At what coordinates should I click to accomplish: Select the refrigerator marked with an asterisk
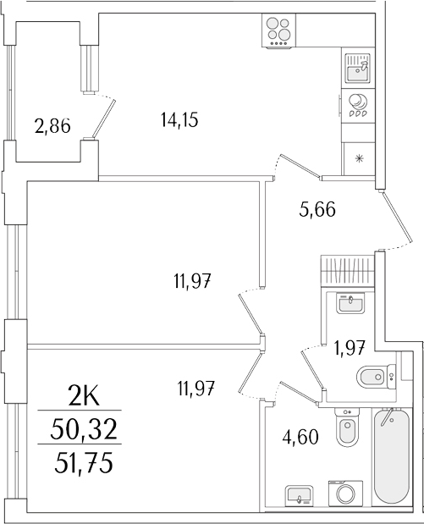click(x=359, y=157)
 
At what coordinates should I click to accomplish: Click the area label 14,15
click(x=179, y=120)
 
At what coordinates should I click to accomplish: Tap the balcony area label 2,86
click(x=52, y=127)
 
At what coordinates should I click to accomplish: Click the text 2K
click(x=85, y=395)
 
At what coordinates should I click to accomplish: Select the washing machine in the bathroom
click(x=345, y=494)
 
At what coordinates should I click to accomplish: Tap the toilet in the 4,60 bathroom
click(x=345, y=429)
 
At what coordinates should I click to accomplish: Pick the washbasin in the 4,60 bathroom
click(x=297, y=494)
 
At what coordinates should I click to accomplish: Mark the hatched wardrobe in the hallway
click(x=347, y=273)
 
